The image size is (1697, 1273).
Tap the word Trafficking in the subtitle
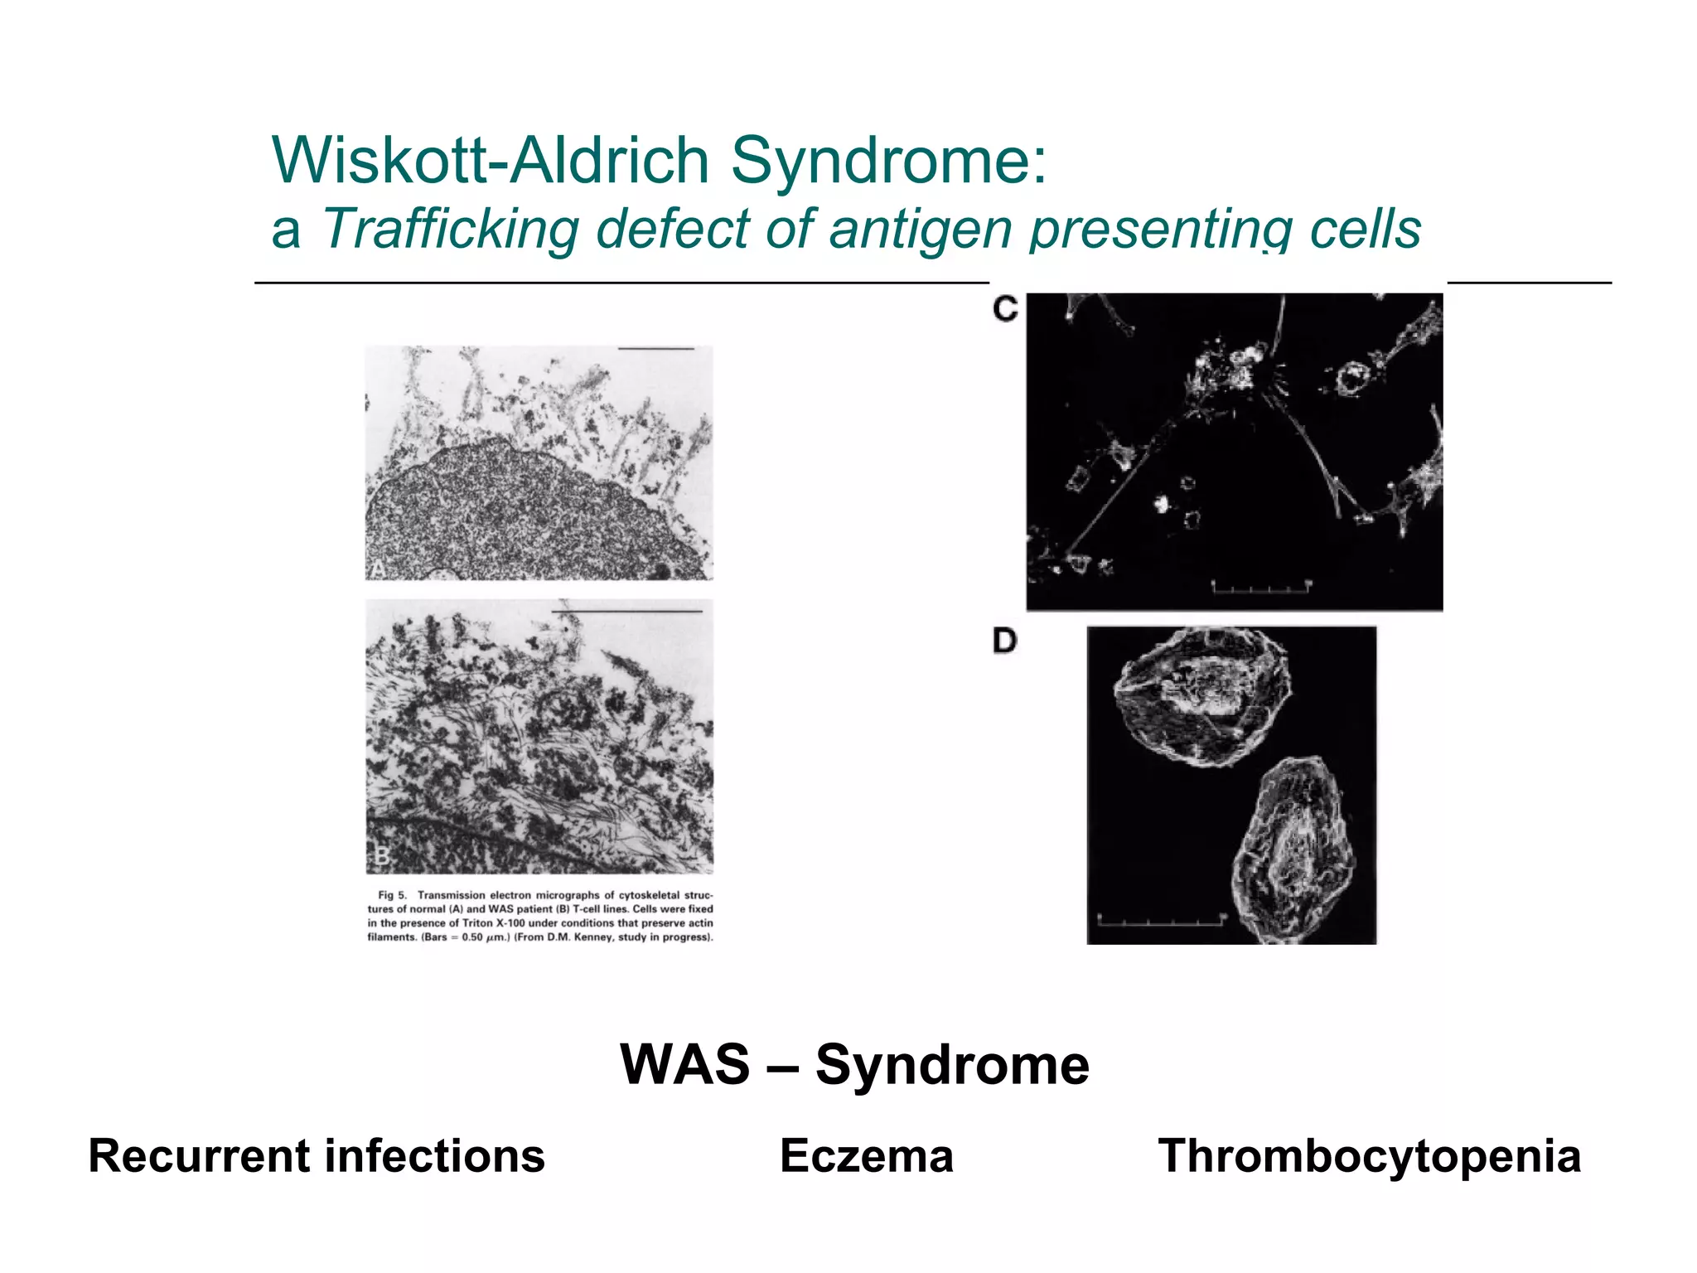coord(450,230)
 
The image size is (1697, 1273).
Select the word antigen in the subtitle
coord(920,230)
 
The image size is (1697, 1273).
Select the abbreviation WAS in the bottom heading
coord(684,1064)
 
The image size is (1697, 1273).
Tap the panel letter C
coord(1005,310)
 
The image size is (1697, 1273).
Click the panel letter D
coord(1004,641)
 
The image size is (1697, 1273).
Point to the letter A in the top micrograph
coord(377,569)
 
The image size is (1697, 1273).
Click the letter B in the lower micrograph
coord(381,856)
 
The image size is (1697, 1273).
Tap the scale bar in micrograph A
coord(656,349)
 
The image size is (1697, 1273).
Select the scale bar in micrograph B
coord(627,612)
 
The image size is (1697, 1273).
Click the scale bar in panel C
coord(1261,588)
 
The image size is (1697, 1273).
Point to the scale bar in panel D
coord(1160,918)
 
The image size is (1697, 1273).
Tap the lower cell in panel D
coord(1293,849)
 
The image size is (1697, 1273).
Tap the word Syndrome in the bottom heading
coord(952,1064)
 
